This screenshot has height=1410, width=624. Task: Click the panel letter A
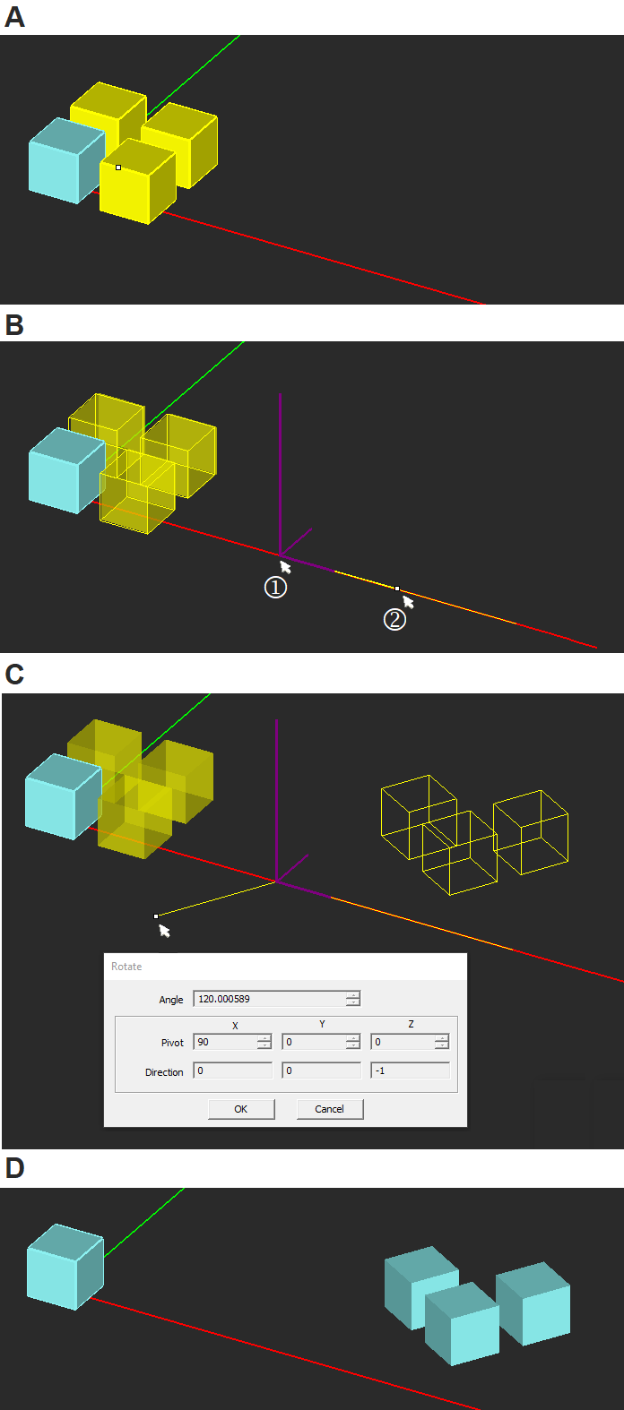14,16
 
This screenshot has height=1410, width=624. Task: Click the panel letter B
13,325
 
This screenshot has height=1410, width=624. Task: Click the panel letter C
14,675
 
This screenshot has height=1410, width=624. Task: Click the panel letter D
14,1168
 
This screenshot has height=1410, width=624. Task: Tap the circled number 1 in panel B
275,588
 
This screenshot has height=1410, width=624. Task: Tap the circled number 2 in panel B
394,619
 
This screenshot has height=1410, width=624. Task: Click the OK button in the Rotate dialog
241,1108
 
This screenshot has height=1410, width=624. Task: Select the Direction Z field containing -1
411,1070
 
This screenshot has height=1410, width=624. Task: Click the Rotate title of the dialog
126,967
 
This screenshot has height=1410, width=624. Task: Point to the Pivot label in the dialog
172,1043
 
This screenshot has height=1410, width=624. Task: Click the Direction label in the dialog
164,1072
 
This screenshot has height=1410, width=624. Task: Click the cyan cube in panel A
66,160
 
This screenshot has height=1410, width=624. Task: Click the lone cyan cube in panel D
65,1267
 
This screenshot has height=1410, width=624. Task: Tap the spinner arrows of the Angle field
353,998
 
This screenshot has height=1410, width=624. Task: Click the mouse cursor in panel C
164,931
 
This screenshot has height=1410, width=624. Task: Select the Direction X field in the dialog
232,1070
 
